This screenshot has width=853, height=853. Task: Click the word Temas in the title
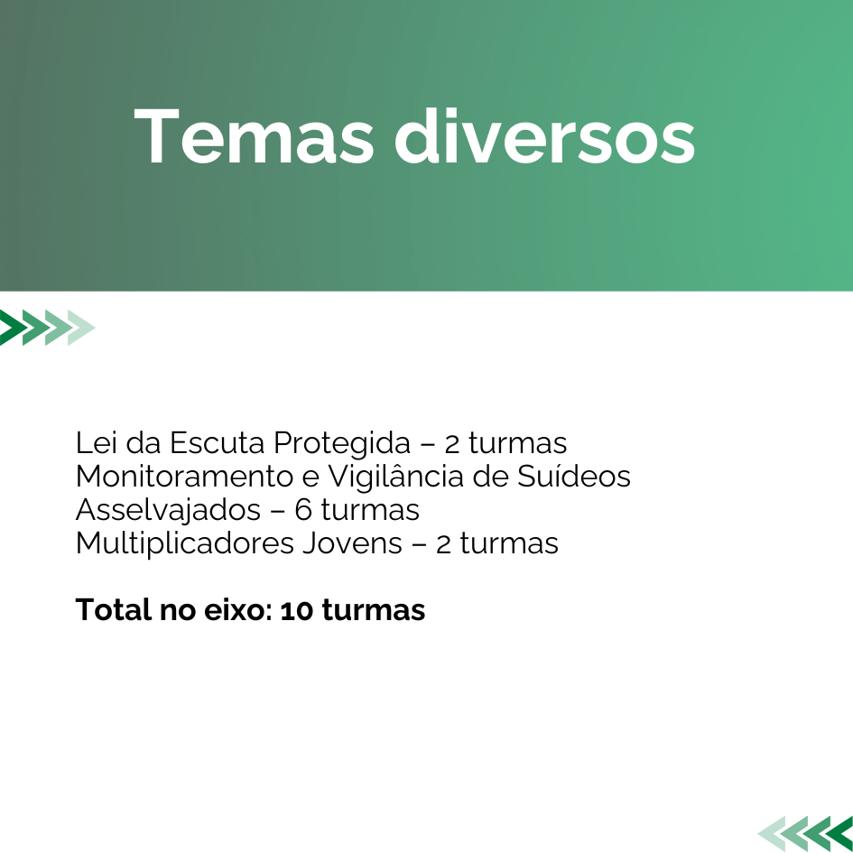coord(254,136)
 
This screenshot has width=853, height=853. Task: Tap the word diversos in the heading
coord(544,136)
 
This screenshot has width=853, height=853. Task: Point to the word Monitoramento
coord(185,477)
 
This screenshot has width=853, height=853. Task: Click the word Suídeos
coord(574,476)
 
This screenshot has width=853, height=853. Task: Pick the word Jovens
coord(353,543)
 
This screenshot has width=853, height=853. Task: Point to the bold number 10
coord(297,610)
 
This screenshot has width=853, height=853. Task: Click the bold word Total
coord(114,609)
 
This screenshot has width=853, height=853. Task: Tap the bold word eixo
coord(235,609)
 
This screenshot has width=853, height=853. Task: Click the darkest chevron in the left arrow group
coord(12,328)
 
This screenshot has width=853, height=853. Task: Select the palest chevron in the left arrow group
coord(81,328)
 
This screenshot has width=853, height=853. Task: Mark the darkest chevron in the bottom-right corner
coord(840,834)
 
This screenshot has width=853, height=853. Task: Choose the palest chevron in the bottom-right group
coord(772,834)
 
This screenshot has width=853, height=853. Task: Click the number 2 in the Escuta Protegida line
coord(451,444)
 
